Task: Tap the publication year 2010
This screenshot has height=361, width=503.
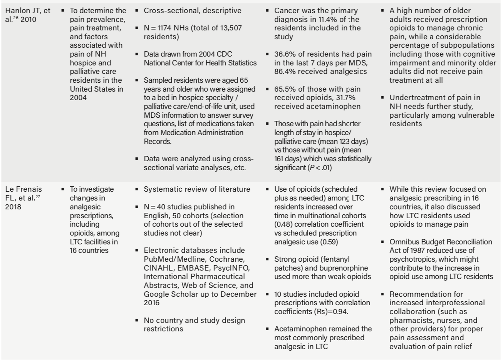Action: [28, 19]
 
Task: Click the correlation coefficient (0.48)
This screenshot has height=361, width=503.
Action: [285, 224]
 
